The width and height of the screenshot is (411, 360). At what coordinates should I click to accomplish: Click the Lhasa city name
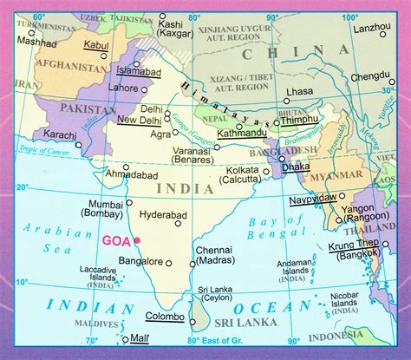click(x=298, y=90)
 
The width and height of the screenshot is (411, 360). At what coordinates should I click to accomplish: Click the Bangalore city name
click(x=140, y=260)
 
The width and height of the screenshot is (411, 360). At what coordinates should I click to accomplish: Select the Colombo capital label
click(x=164, y=316)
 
